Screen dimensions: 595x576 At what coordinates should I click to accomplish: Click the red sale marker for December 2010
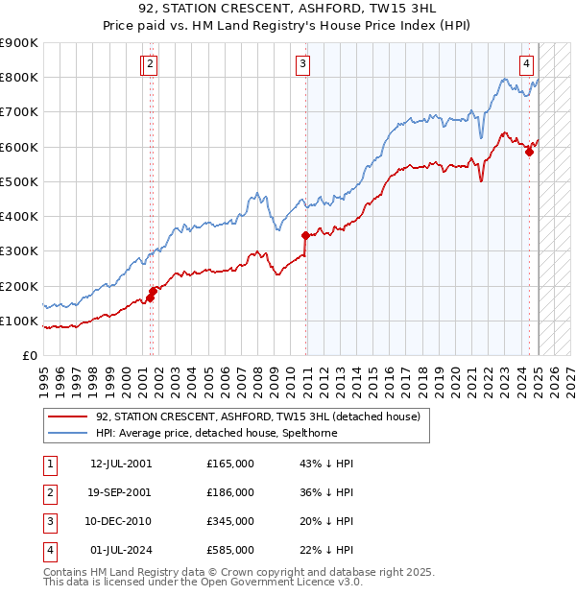click(x=305, y=235)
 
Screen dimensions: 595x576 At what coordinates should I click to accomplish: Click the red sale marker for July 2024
click(x=529, y=152)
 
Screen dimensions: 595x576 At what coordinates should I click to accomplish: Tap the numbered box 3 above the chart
click(x=302, y=64)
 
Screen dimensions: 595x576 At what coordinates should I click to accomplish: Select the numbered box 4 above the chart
click(x=527, y=64)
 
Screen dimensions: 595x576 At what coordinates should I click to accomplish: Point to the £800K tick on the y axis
click(x=19, y=78)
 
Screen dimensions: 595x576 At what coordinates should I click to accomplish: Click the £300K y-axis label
click(x=19, y=251)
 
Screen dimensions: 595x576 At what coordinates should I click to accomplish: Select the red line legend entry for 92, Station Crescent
click(x=257, y=416)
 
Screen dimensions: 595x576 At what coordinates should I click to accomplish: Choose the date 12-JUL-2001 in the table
click(x=121, y=464)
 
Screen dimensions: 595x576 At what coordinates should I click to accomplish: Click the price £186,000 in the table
click(x=230, y=492)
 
